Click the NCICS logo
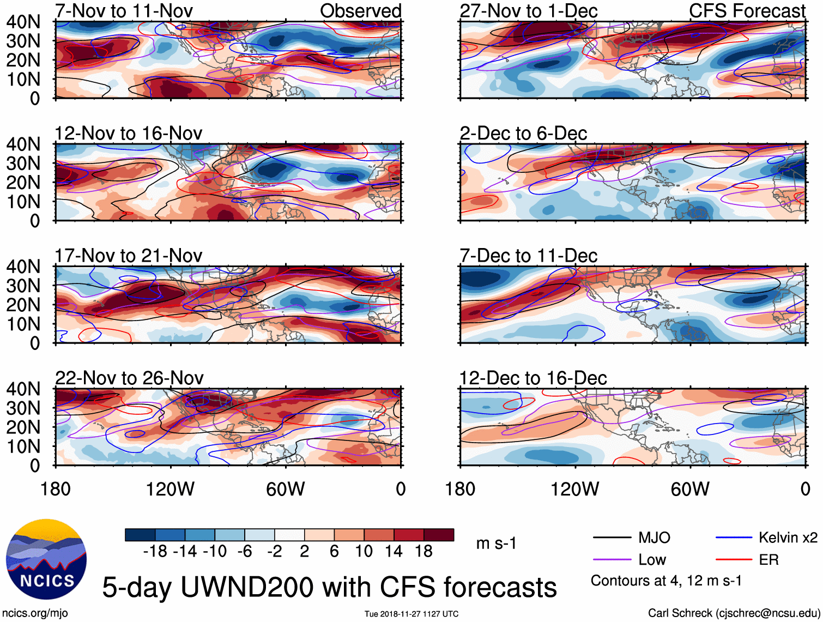coord(46,558)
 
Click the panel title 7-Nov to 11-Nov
coord(124,11)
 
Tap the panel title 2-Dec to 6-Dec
coord(523,134)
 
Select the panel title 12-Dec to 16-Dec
coord(533,378)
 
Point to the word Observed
coord(360,11)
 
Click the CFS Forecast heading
coord(747,11)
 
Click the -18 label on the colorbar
coord(155,552)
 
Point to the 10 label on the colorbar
coord(364,552)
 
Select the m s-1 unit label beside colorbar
coord(496,544)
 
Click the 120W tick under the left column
coord(170,489)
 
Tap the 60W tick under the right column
coord(690,489)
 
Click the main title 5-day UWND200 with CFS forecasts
coord(329,587)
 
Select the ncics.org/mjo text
coord(35,613)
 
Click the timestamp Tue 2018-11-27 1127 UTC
coord(411,614)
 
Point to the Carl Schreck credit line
coord(734,613)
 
